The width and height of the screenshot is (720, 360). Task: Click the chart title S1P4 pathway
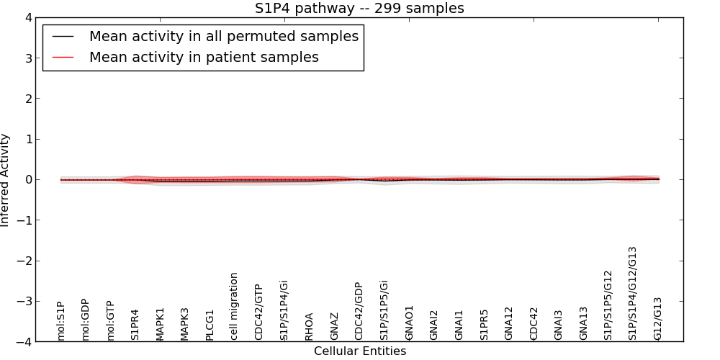(359, 8)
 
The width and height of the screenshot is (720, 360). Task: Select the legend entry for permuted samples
(223, 36)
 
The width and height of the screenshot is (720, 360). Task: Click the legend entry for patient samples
(204, 57)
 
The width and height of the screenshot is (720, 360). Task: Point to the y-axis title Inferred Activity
(6, 180)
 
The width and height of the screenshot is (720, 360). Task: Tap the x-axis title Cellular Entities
(359, 351)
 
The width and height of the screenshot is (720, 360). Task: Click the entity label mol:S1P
(61, 321)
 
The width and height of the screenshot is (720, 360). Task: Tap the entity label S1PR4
(135, 324)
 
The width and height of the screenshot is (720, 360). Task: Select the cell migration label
(234, 306)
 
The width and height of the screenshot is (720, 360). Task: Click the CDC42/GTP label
(258, 312)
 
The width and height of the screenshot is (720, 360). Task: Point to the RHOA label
(309, 325)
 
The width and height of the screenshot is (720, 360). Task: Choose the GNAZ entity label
(333, 325)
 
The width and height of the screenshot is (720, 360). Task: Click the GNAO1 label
(408, 322)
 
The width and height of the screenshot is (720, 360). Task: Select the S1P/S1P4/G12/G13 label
(632, 293)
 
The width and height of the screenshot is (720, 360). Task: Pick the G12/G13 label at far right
(657, 318)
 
